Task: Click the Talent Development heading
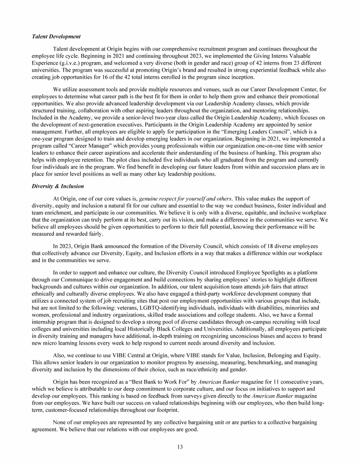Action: tap(56, 37)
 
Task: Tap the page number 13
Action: tap(180, 446)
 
